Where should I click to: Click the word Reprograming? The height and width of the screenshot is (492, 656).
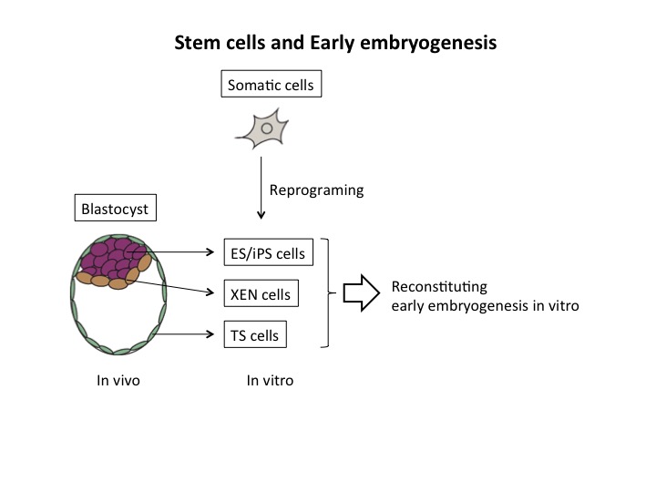pyautogui.click(x=317, y=190)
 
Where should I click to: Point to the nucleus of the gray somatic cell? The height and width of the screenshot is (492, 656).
pyautogui.click(x=267, y=128)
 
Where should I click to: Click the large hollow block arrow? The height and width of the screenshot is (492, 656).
pyautogui.click(x=362, y=292)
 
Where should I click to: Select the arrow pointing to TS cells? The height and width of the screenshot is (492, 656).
pyautogui.click(x=184, y=333)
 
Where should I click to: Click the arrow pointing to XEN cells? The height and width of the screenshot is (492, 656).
pyautogui.click(x=170, y=286)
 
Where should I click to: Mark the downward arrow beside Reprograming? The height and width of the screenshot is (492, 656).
pyautogui.click(x=261, y=188)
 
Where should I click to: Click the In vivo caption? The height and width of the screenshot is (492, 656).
pyautogui.click(x=118, y=380)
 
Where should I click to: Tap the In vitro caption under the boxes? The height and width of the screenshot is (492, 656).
pyautogui.click(x=270, y=380)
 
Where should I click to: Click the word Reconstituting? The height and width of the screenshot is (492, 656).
pyautogui.click(x=439, y=287)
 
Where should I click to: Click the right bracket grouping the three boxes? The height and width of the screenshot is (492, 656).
pyautogui.click(x=328, y=292)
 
